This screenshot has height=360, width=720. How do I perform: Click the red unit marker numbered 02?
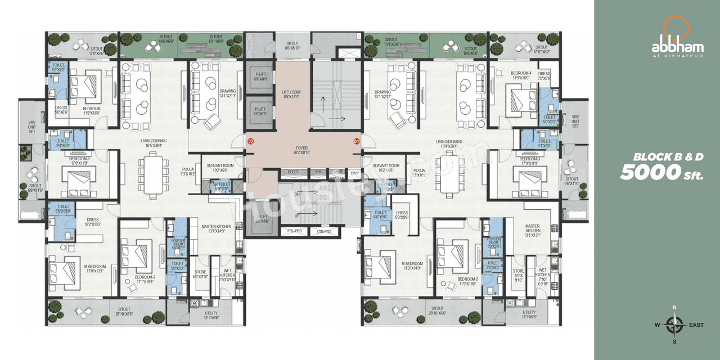click(x=251, y=142)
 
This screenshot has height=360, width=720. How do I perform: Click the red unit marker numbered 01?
click(x=356, y=142)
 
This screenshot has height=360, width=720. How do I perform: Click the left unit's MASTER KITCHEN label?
click(x=216, y=228)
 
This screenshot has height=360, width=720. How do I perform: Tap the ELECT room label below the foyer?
click(x=293, y=172)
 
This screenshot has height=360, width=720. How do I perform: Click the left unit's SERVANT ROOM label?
click(x=220, y=167)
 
